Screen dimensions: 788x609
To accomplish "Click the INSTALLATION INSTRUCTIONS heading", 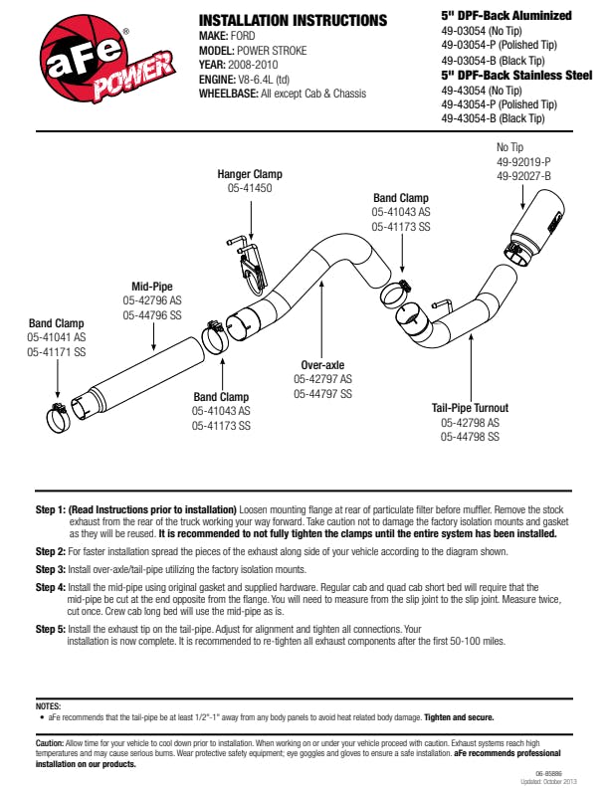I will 293,20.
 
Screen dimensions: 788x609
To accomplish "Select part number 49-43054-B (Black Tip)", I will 494,118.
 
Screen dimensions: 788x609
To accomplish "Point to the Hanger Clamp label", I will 250,174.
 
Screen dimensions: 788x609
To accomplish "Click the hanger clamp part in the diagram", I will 250,261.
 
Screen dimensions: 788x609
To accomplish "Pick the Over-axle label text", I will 322,365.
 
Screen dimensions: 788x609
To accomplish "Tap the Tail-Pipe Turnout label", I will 470,408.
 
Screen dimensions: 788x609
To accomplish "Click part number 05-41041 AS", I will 57,338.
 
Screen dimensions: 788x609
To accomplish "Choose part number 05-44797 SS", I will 322,394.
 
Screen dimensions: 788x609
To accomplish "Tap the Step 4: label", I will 50,588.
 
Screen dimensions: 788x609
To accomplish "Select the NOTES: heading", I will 48,705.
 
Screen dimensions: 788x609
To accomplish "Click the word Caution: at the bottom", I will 49,743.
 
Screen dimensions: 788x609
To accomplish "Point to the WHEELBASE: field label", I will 229,94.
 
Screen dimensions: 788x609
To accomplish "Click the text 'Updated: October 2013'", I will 553,781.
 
